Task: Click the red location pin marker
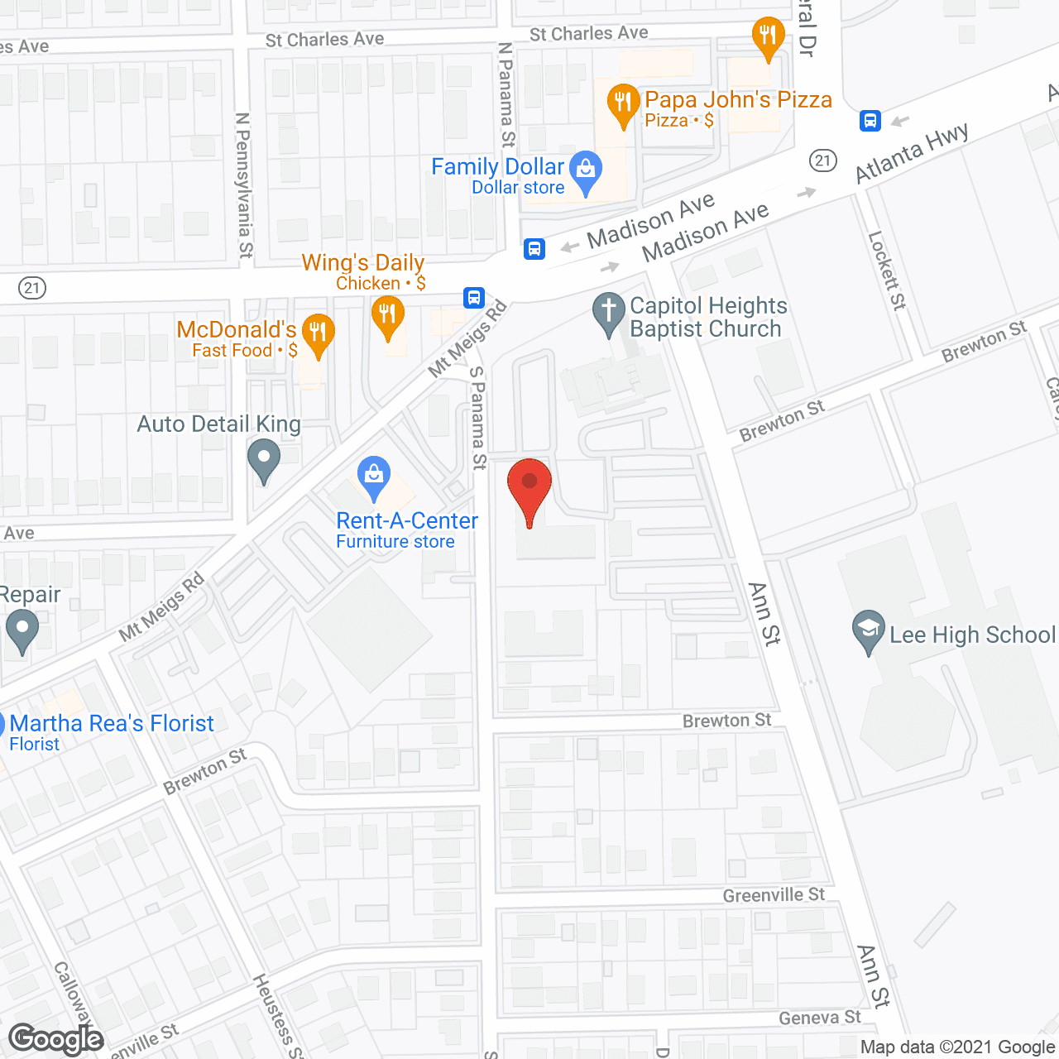coord(529,488)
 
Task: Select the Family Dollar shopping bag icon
coord(586,171)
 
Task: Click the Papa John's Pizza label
coord(738,100)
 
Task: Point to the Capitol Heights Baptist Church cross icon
coord(609,313)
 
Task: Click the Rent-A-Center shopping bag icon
coord(374,477)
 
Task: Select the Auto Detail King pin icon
coord(264,459)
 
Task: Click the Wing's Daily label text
coord(363,263)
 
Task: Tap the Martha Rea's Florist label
coord(112,724)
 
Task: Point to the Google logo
coord(56,1039)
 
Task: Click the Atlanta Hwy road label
coord(911,154)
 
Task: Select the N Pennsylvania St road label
coord(243,185)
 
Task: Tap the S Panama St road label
coord(477,418)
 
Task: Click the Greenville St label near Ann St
coord(774,895)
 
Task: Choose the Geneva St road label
coord(819,1018)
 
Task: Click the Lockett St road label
coord(887,271)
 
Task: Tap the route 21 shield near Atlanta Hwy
coord(823,161)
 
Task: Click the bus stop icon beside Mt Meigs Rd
coord(473,298)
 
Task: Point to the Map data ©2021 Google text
coord(957,1047)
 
